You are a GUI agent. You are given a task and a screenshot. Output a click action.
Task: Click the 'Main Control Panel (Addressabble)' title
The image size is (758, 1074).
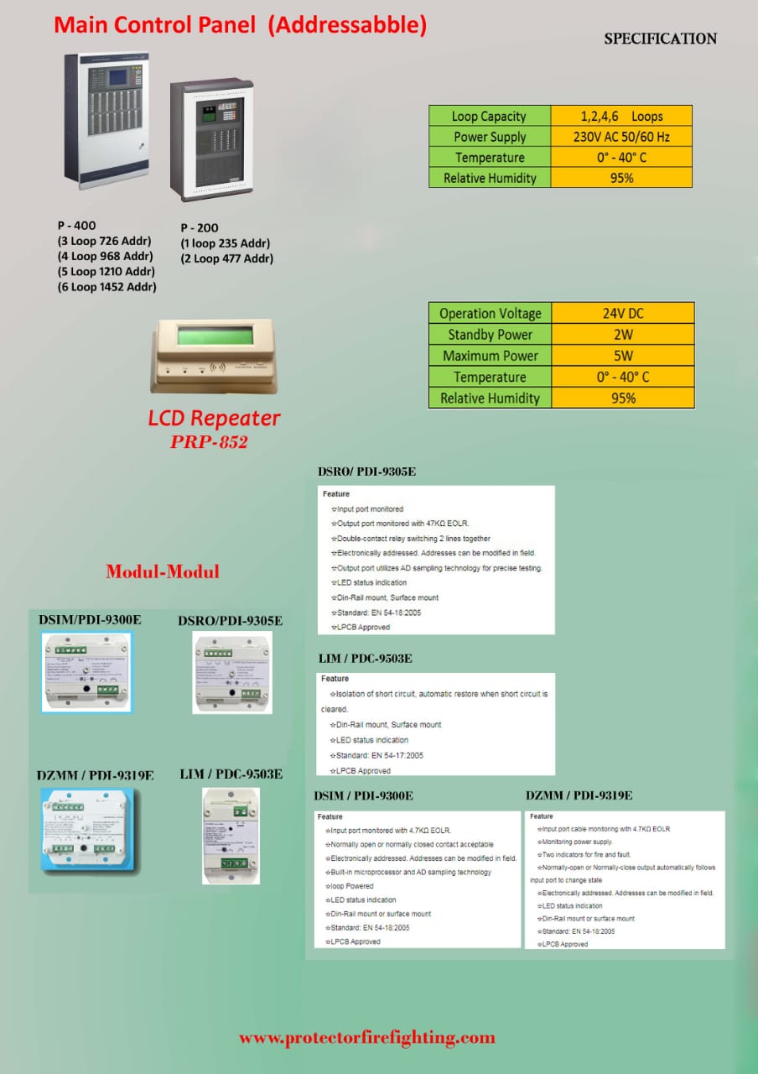click(240, 25)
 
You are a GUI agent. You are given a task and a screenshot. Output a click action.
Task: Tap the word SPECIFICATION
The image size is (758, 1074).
click(660, 39)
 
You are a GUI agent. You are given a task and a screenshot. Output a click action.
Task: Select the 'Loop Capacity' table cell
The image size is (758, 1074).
click(489, 117)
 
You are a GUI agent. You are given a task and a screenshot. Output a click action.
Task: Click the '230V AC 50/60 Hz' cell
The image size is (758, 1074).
click(620, 137)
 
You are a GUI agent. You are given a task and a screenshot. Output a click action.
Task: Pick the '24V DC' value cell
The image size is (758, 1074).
click(623, 313)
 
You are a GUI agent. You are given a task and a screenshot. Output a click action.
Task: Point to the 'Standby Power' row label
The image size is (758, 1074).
click(490, 335)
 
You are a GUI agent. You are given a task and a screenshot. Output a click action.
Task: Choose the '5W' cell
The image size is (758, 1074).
click(623, 356)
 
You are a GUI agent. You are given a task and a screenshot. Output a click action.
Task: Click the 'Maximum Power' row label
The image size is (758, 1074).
click(490, 356)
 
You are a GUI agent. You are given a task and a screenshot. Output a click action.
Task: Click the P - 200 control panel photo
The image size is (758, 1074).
click(205, 142)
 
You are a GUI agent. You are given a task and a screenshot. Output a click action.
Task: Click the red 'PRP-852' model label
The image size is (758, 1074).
click(209, 442)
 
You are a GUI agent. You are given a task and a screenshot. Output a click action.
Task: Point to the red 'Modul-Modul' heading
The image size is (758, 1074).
click(163, 572)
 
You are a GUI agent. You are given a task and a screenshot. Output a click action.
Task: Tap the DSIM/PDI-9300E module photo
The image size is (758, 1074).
click(86, 671)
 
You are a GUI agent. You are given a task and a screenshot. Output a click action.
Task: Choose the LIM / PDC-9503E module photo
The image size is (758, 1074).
click(231, 835)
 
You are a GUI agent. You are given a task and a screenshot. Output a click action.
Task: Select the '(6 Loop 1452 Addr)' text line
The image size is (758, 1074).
click(106, 287)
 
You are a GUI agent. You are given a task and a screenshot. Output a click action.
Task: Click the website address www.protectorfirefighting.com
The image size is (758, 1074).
click(367, 1038)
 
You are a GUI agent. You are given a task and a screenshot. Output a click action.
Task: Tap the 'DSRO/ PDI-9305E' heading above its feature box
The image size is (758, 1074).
click(366, 472)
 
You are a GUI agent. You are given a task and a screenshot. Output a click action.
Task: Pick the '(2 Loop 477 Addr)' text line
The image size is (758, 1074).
click(226, 258)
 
